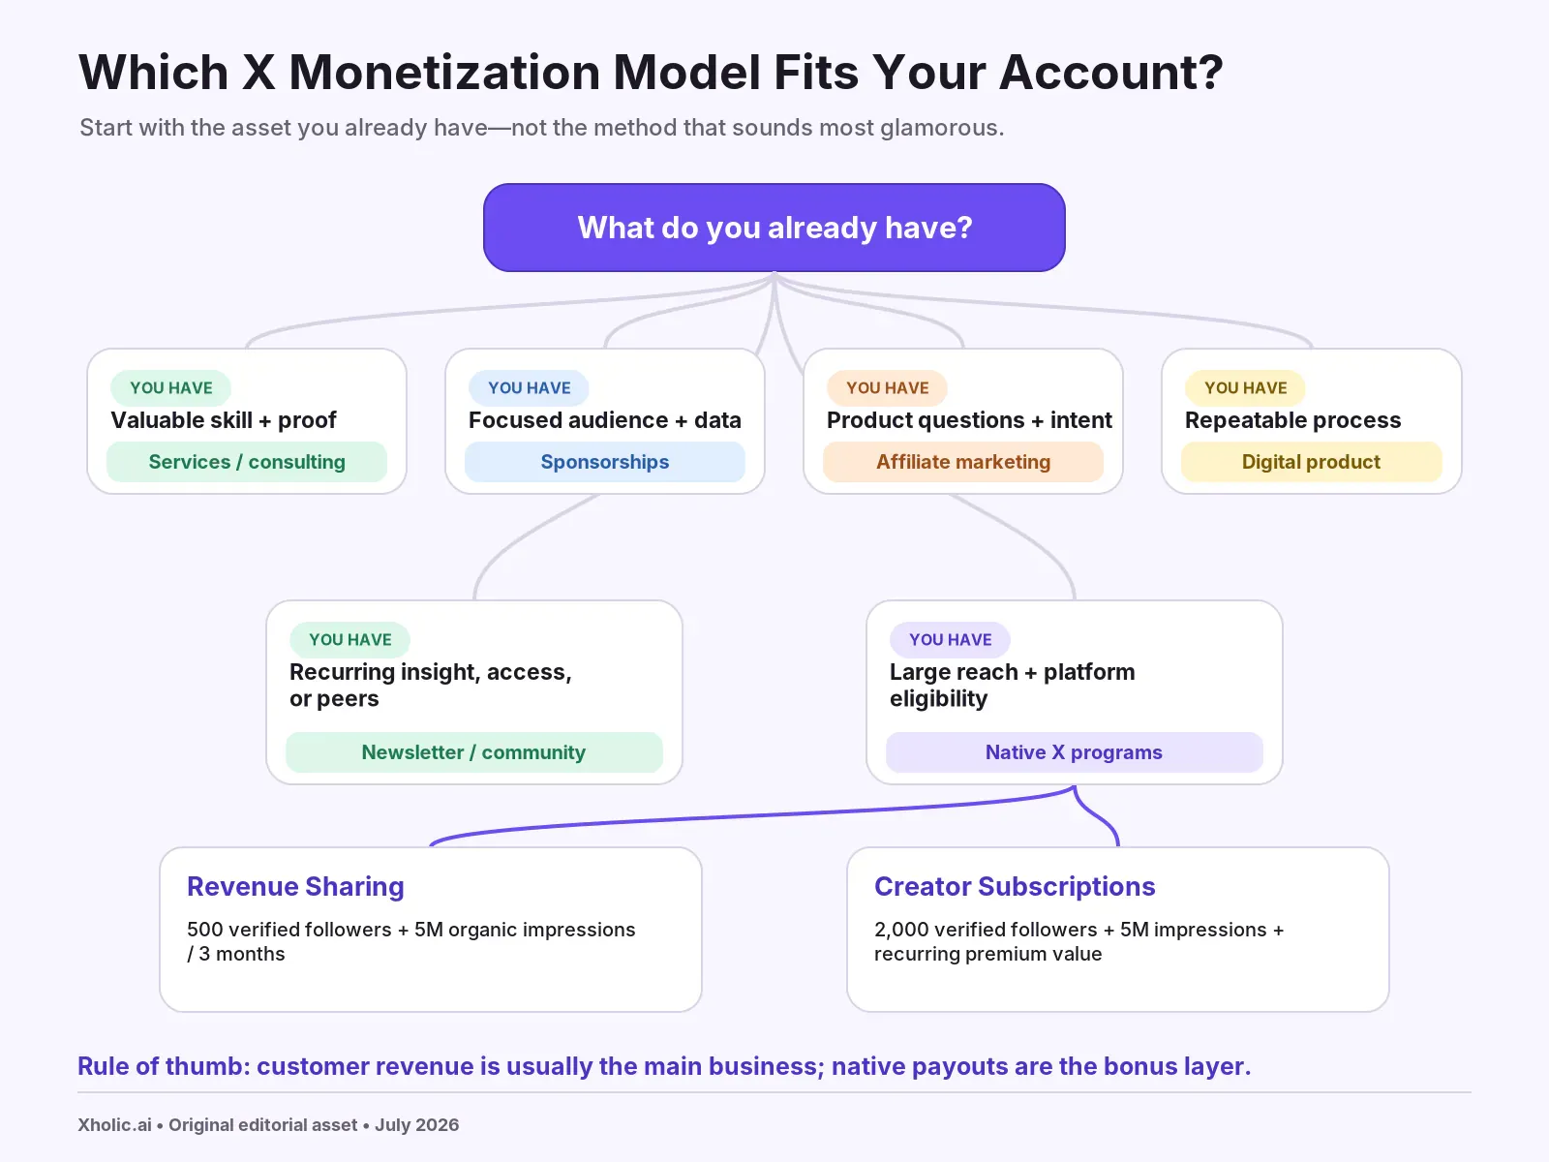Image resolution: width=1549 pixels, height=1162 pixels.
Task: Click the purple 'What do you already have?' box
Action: click(x=774, y=228)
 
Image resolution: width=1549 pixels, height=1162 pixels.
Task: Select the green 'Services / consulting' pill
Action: click(x=246, y=462)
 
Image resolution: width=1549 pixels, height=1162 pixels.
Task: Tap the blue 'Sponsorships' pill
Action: click(x=605, y=462)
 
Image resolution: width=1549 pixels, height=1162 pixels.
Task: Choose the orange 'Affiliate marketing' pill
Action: click(x=963, y=462)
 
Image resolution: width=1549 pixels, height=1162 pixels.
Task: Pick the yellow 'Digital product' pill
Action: click(x=1311, y=462)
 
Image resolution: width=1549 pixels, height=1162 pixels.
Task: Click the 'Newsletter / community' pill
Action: click(x=473, y=752)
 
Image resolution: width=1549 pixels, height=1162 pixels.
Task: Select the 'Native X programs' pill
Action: click(x=1074, y=752)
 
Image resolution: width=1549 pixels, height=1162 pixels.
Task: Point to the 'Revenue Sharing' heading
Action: click(x=295, y=886)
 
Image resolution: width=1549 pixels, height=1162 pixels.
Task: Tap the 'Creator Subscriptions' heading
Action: click(x=1015, y=886)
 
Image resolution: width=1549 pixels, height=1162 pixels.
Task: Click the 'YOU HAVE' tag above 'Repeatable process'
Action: click(x=1246, y=388)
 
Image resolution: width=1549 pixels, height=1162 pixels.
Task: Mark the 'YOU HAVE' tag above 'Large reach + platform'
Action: click(x=950, y=640)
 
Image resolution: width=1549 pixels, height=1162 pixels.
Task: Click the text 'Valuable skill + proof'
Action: click(x=224, y=420)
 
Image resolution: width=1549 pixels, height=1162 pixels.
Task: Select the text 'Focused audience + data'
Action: click(x=605, y=420)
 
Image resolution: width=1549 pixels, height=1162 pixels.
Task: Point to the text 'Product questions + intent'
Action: click(x=969, y=420)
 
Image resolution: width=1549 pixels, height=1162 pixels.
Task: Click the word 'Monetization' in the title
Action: click(x=444, y=72)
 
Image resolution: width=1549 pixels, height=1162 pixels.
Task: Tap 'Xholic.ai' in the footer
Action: click(x=114, y=1124)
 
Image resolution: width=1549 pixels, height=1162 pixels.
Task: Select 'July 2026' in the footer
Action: click(x=416, y=1124)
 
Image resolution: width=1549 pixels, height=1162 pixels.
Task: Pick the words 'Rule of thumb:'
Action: click(x=164, y=1066)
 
